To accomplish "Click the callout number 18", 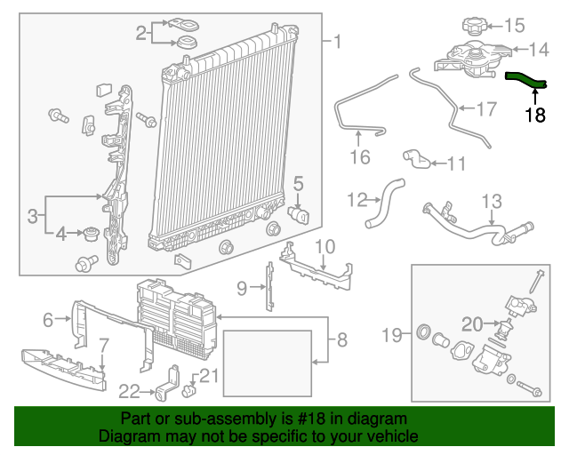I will (534, 115).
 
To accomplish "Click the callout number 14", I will (541, 50).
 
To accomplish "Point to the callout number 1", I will (336, 41).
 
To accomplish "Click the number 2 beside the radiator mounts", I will (141, 34).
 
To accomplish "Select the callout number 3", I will (32, 215).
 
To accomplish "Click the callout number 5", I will (298, 184).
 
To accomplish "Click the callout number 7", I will (103, 344).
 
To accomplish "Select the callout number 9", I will (242, 287).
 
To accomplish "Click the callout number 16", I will (358, 157).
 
